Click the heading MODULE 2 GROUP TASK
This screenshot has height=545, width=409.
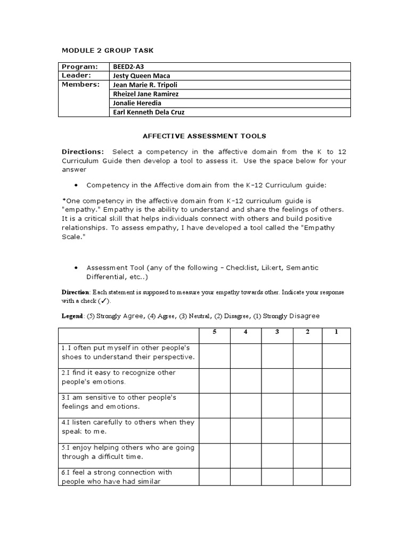[108, 50]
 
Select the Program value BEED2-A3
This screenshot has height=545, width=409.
[128, 67]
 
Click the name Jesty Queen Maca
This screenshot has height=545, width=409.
[141, 76]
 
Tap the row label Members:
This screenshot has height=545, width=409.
[80, 85]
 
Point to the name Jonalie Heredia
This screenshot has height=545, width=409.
[137, 103]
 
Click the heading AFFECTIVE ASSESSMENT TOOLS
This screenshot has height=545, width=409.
[204, 136]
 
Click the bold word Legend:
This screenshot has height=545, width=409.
[73, 316]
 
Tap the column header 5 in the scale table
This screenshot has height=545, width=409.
[215, 332]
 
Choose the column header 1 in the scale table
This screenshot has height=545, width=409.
[336, 332]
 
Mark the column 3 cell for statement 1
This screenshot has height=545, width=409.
[277, 356]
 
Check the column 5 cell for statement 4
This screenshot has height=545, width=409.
[215, 431]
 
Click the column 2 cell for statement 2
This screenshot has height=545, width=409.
[307, 381]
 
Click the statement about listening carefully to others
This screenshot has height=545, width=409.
[128, 427]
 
